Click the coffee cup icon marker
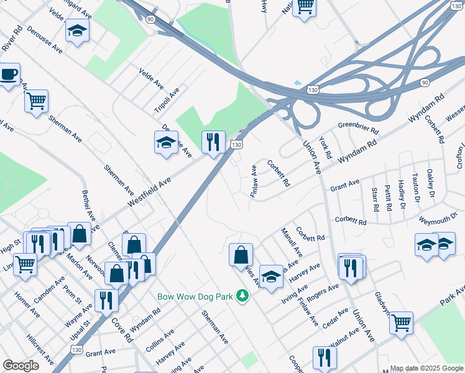click(9, 75)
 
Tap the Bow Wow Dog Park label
click(194, 297)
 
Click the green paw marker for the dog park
click(242, 297)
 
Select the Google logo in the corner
click(21, 366)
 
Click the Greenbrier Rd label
click(358, 128)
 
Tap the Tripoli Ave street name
click(167, 99)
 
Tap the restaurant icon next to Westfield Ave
click(213, 142)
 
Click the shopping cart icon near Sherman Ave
click(36, 101)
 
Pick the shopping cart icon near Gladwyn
click(401, 322)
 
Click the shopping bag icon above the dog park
click(241, 254)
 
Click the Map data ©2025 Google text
click(427, 368)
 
